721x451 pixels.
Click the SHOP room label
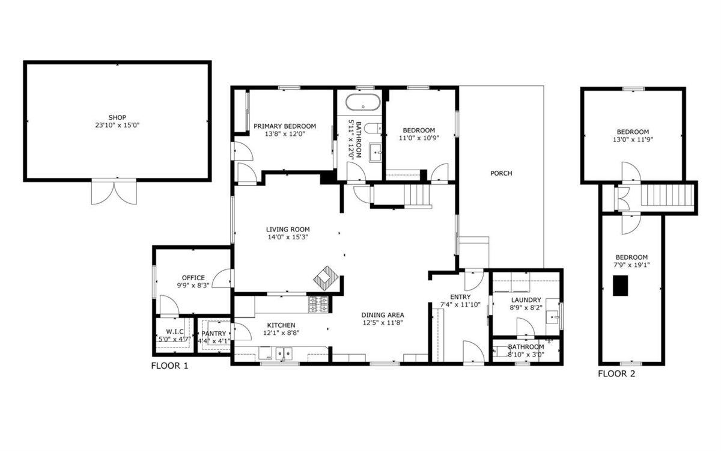[117, 117]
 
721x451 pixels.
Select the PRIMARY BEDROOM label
[284, 126]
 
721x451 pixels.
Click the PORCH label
[501, 174]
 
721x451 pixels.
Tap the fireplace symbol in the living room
[326, 278]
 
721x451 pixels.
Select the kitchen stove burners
[319, 305]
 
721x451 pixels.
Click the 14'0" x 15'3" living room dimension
[287, 237]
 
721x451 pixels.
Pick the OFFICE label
[193, 278]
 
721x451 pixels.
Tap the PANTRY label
[213, 333]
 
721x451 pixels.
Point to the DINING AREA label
[382, 314]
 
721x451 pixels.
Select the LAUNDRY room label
[526, 300]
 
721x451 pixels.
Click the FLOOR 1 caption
[169, 366]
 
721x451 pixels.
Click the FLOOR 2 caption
[616, 373]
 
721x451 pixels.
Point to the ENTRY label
[460, 296]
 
